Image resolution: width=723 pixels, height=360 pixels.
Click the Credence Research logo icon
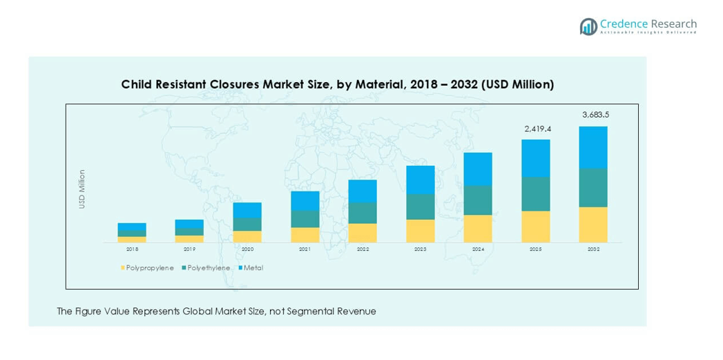tap(588, 27)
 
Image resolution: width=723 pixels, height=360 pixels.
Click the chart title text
tap(337, 84)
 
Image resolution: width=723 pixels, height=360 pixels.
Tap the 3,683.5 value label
tap(595, 115)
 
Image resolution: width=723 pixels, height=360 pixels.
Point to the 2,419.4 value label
tap(536, 129)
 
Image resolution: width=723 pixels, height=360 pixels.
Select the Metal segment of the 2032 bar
tap(593, 147)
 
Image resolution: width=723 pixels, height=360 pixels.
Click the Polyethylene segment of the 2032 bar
tap(593, 188)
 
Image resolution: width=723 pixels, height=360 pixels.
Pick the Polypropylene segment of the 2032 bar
tap(593, 225)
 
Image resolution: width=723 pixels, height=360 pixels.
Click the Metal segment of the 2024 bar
tap(478, 169)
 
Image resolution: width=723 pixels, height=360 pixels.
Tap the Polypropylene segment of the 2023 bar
tap(421, 231)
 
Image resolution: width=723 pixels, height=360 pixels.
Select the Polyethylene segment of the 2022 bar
tap(363, 213)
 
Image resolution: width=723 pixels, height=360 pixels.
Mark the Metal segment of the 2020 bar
tap(247, 210)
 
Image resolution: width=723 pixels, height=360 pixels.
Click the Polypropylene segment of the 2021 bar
tap(305, 235)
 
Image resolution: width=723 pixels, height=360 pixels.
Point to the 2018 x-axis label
tap(132, 249)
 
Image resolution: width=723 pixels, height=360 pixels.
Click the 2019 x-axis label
tap(189, 249)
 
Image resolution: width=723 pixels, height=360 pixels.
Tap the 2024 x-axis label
tap(478, 249)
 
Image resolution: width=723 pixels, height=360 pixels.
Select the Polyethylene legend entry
tap(205, 267)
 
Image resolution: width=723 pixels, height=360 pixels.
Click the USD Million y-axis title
tap(82, 189)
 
